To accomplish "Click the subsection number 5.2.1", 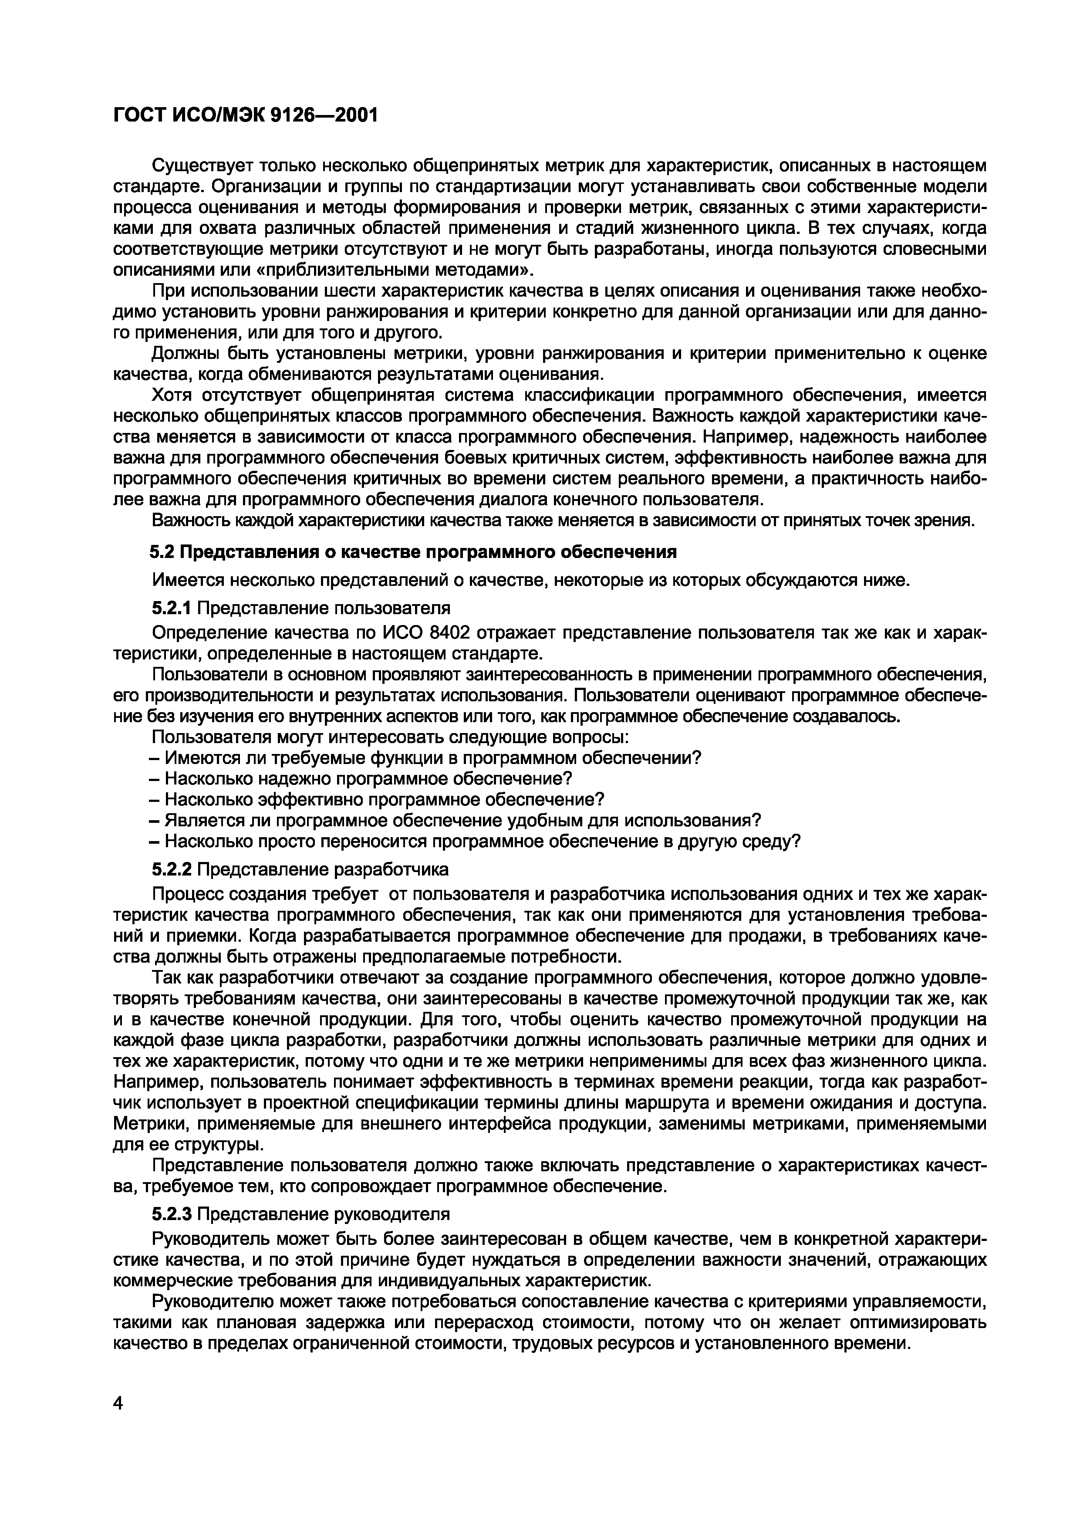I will coord(172,608).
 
